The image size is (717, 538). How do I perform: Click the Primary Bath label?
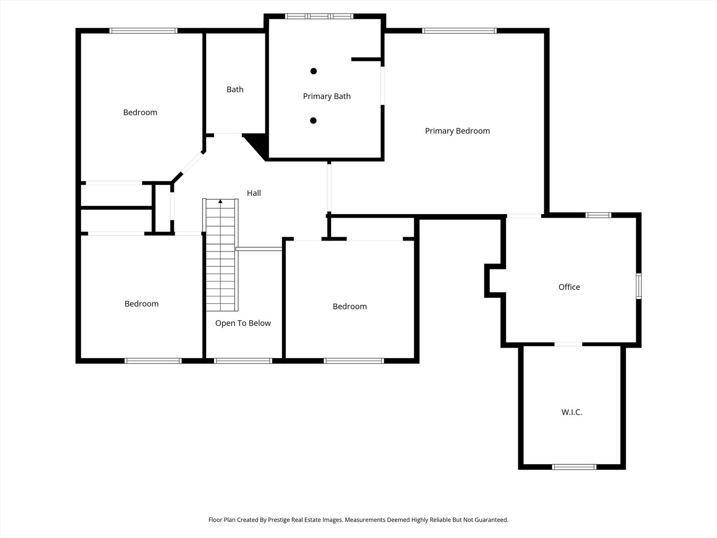coord(327,96)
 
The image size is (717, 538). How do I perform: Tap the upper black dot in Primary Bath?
coord(314,71)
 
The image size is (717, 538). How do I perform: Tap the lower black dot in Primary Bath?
coord(314,121)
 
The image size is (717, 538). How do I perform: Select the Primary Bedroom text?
coord(457,131)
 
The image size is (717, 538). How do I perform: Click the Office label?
coord(569,287)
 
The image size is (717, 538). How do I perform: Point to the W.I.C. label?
coord(572,412)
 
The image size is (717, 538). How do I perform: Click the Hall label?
coord(254,193)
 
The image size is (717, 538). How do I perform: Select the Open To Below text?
coord(243,323)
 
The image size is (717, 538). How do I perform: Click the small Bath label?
coord(235,90)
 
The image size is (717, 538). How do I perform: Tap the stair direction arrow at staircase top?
coord(221,202)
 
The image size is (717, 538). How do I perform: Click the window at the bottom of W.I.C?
coord(574,467)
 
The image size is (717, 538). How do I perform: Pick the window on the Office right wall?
coord(639,286)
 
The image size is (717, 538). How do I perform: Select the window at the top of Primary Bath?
coord(319,16)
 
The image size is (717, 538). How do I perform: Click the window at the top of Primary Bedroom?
coord(459,31)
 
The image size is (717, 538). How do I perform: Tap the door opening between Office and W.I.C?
coord(568,344)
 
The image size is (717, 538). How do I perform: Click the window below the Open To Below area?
coord(243,361)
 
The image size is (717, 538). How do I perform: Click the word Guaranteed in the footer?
coord(490,520)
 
